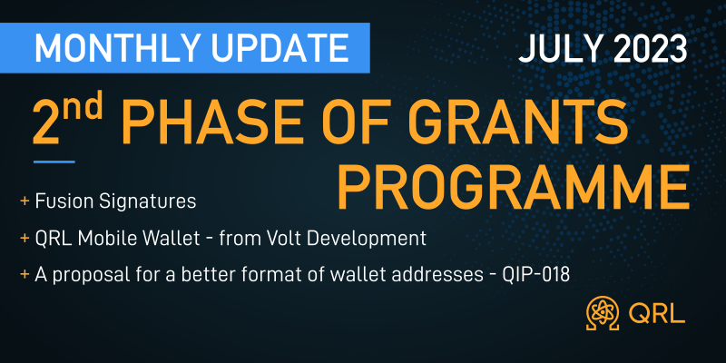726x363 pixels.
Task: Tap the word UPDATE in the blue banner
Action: tap(269, 48)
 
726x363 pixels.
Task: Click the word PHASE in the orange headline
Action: tap(203, 123)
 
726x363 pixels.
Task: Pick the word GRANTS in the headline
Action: tap(514, 123)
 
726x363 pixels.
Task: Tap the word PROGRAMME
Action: tap(513, 187)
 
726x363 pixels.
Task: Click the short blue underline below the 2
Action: tap(54, 162)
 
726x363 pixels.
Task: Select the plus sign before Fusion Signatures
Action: tap(25, 201)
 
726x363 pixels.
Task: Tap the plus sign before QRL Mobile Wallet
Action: tap(25, 239)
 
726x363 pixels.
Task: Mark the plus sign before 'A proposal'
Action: tap(25, 276)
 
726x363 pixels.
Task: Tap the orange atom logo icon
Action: tap(603, 314)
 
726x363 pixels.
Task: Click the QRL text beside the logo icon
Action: tap(657, 314)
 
